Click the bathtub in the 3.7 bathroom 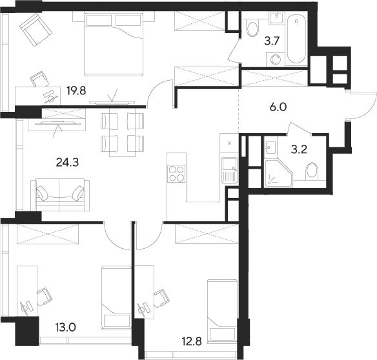tap(298, 39)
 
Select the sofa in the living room tap(60, 193)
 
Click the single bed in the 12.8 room tap(222, 304)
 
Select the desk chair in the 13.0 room tap(44, 297)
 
